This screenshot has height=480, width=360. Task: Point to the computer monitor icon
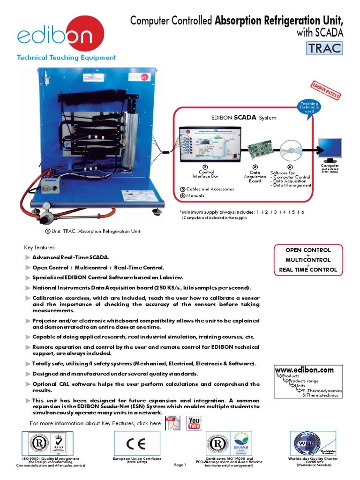tap(330, 149)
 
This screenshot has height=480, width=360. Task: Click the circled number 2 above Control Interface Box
tap(205, 167)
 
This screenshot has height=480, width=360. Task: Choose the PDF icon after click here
tap(174, 423)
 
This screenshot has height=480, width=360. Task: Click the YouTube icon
tap(194, 423)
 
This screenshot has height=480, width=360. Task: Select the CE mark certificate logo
tap(137, 443)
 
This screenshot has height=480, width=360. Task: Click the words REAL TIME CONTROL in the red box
tap(308, 270)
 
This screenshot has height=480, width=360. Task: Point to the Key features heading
tap(40, 247)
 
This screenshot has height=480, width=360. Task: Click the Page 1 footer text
tap(180, 465)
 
